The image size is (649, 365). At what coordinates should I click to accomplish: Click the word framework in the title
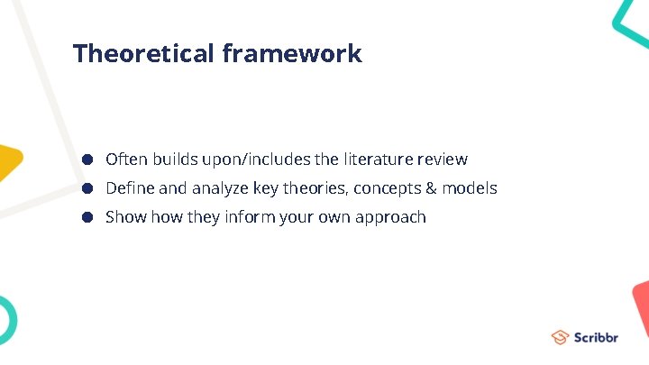point(291,53)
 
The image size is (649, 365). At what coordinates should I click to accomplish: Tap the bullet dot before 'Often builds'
point(88,160)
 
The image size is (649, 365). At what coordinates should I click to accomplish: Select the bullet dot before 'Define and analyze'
point(88,188)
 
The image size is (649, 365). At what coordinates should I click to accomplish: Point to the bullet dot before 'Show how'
point(88,217)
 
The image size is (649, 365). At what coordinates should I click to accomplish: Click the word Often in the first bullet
point(126,160)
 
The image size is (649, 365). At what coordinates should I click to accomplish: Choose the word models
point(470,188)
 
